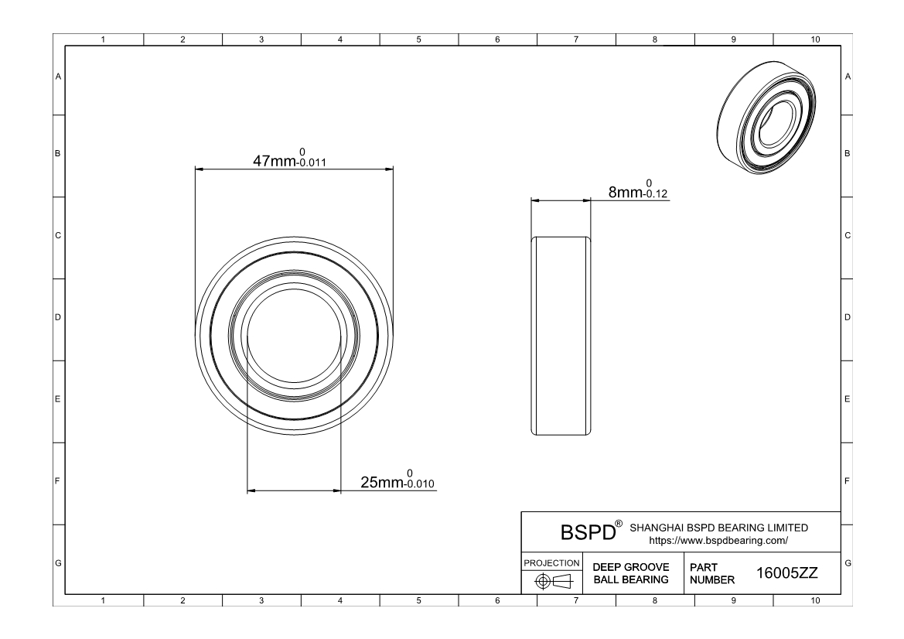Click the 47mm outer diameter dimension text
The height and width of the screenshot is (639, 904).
[x=275, y=161]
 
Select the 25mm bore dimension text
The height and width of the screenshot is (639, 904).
[x=382, y=482]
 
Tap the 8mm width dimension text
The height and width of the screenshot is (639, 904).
[x=626, y=192]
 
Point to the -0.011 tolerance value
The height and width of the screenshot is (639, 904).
[x=312, y=162]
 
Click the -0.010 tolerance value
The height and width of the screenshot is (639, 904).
[x=419, y=484]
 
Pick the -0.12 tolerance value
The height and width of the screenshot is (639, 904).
[x=655, y=193]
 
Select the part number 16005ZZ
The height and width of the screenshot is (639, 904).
[x=787, y=573]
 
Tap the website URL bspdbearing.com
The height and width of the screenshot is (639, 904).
[x=718, y=541]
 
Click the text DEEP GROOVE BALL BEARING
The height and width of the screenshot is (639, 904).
[x=631, y=573]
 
